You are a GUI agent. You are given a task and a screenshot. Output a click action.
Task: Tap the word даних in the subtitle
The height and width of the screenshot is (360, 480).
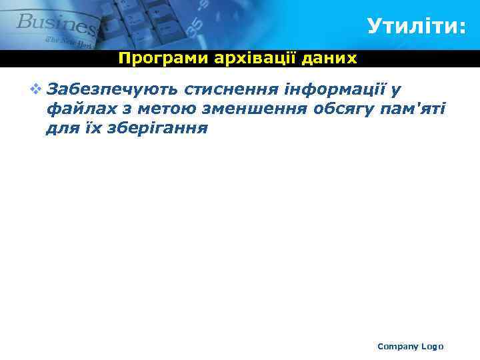click(x=330, y=59)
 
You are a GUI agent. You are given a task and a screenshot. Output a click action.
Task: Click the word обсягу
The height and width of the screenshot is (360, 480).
click(x=345, y=109)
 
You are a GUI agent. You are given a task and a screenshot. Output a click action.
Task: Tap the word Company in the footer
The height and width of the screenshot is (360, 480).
click(x=398, y=346)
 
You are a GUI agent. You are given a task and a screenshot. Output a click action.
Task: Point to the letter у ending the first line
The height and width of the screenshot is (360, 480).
click(x=395, y=89)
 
